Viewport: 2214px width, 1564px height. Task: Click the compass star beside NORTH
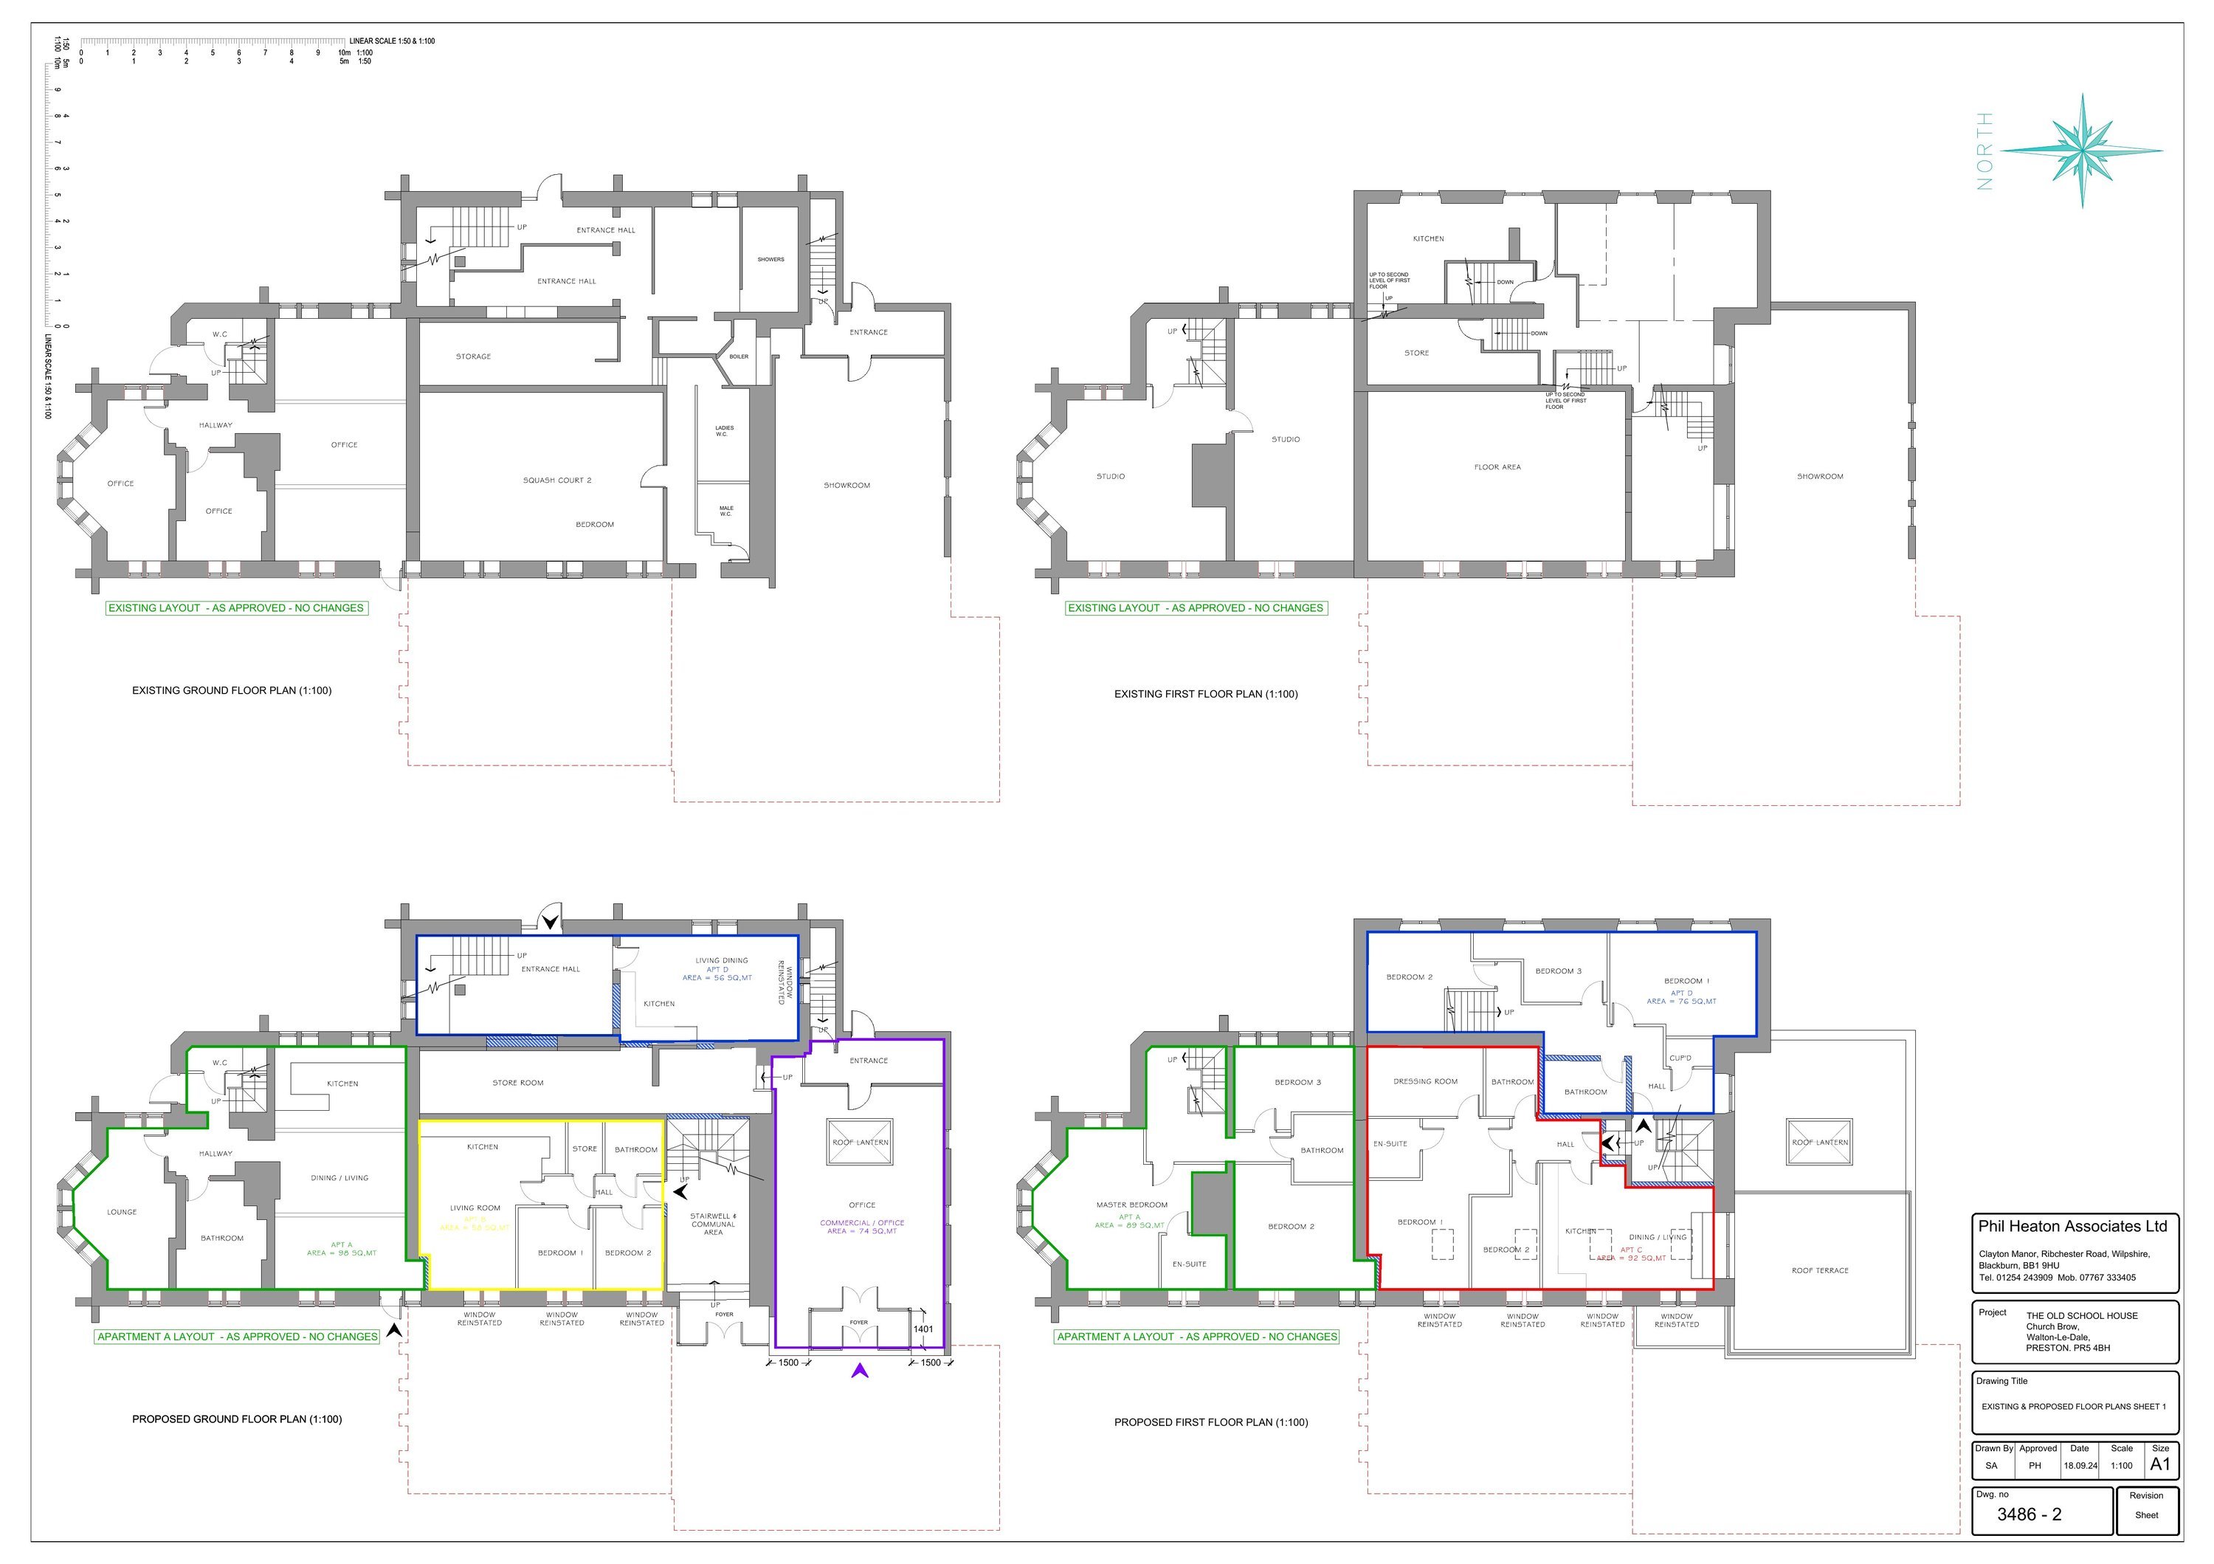pyautogui.click(x=2082, y=151)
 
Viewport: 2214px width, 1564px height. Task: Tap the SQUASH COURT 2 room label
pyautogui.click(x=556, y=480)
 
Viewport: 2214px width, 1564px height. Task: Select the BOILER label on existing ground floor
pyautogui.click(x=739, y=356)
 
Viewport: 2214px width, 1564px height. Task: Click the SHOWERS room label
pyautogui.click(x=770, y=259)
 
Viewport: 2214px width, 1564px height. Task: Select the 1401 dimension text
pyautogui.click(x=922, y=1329)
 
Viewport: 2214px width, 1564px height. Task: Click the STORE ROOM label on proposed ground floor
pyautogui.click(x=518, y=1083)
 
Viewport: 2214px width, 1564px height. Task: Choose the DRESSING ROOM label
pyautogui.click(x=1425, y=1082)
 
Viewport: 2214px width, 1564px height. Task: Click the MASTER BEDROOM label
pyautogui.click(x=1131, y=1205)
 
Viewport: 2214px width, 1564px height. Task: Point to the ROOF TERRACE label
pyautogui.click(x=1820, y=1271)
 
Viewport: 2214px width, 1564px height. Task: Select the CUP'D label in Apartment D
pyautogui.click(x=1680, y=1058)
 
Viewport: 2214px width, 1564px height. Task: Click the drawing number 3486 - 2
pyautogui.click(x=2028, y=1515)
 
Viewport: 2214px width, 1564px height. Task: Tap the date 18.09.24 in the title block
pyautogui.click(x=2080, y=1466)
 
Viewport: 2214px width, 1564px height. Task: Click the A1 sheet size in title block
pyautogui.click(x=2160, y=1464)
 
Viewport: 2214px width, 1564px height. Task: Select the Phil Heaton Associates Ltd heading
pyautogui.click(x=2072, y=1227)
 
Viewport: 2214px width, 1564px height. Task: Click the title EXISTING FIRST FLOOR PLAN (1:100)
pyautogui.click(x=1205, y=695)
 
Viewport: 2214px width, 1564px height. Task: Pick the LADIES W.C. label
pyautogui.click(x=724, y=431)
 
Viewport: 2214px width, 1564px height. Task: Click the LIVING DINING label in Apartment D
pyautogui.click(x=721, y=960)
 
